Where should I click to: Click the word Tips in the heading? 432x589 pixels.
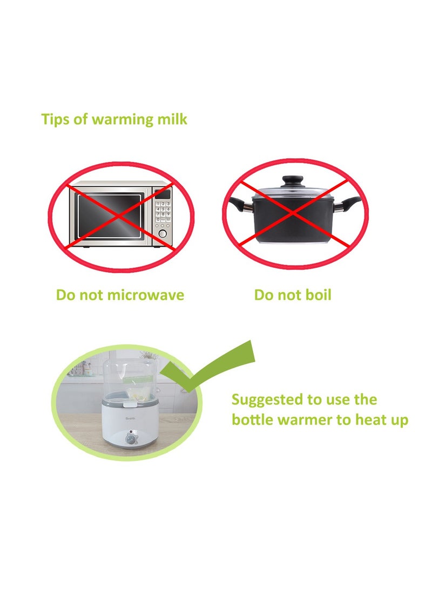pyautogui.click(x=56, y=119)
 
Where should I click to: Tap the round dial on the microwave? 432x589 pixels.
pyautogui.click(x=162, y=235)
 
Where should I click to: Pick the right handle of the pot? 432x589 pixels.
pyautogui.click(x=351, y=205)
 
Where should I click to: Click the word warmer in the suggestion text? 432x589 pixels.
pyautogui.click(x=306, y=420)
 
